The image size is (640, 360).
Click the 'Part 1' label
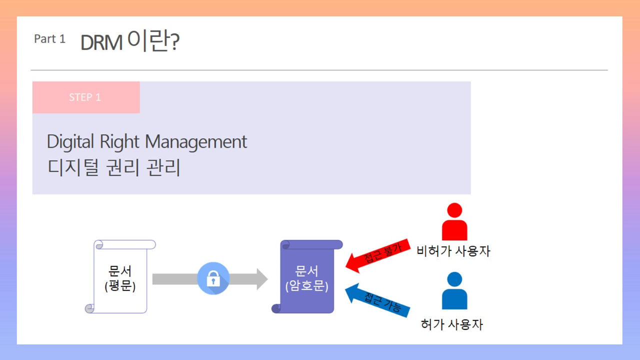pyautogui.click(x=49, y=39)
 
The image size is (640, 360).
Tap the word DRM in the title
pyautogui.click(x=101, y=42)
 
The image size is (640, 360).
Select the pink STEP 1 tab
pyautogui.click(x=86, y=97)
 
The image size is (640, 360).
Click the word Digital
pyautogui.click(x=70, y=141)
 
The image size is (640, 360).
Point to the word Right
pyautogui.click(x=119, y=141)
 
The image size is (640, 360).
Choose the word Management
pyautogui.click(x=196, y=141)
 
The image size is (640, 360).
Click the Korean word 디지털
pyautogui.click(x=73, y=167)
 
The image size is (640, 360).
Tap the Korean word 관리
pyautogui.click(x=163, y=167)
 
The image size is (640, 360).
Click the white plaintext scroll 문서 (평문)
pyautogui.click(x=120, y=276)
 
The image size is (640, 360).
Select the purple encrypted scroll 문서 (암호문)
pyautogui.click(x=307, y=276)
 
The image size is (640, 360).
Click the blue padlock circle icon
pyautogui.click(x=213, y=278)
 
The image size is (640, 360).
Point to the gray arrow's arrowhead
pyautogui.click(x=262, y=279)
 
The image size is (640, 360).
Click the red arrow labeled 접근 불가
pyautogui.click(x=378, y=255)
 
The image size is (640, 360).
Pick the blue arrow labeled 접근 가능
pyautogui.click(x=377, y=300)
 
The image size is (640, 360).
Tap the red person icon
pyautogui.click(x=454, y=221)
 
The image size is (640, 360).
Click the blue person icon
pyautogui.click(x=454, y=290)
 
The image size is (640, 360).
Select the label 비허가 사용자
pyautogui.click(x=453, y=251)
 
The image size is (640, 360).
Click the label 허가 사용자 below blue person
pyautogui.click(x=452, y=324)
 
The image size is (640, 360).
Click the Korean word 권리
pyautogui.click(x=122, y=167)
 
